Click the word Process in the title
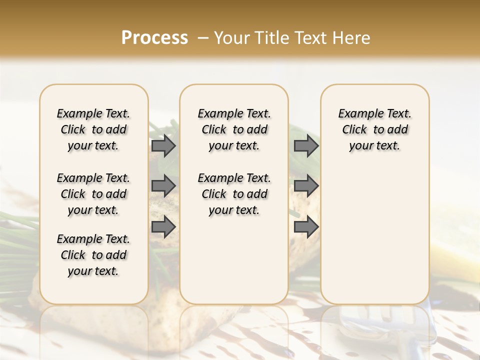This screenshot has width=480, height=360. pos(154,38)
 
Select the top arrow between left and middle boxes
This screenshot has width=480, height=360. pos(163,146)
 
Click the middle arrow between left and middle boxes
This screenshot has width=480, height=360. pos(163,186)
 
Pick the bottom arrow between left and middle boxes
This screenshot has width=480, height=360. pos(163,227)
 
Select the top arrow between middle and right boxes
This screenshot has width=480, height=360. pos(306,146)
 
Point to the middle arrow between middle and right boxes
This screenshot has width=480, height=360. pos(306,186)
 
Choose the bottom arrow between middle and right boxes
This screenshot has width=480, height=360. pos(306,227)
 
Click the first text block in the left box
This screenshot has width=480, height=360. pos(93,129)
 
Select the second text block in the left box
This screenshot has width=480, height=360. pos(93,194)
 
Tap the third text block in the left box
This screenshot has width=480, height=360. pos(93,255)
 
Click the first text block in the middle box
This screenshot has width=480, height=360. pos(234,129)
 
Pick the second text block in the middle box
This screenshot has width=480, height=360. pos(234,194)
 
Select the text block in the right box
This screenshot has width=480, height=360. pos(374,129)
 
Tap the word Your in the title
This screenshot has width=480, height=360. pos(232,38)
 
